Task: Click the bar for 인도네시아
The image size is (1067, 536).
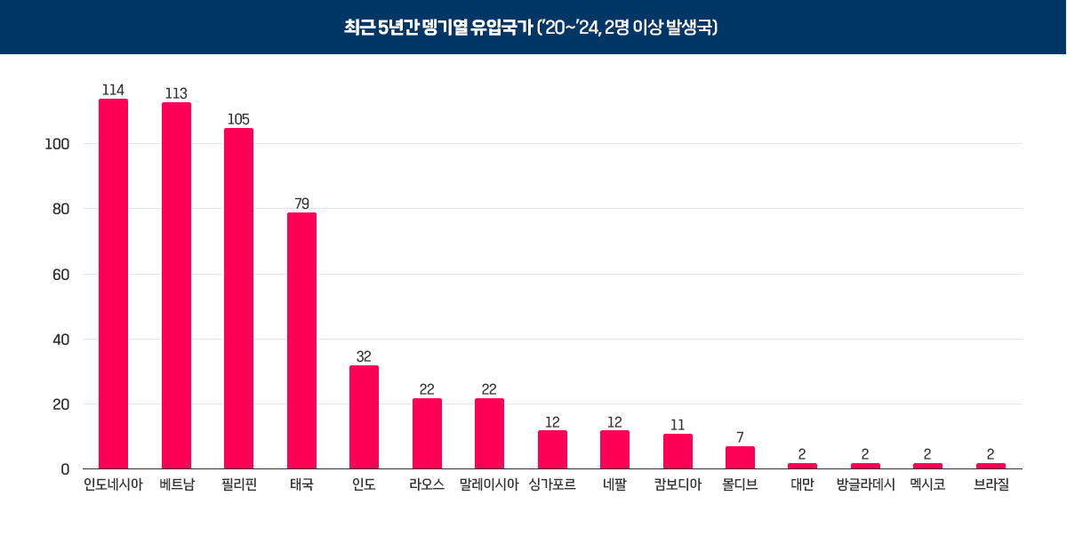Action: pyautogui.click(x=113, y=284)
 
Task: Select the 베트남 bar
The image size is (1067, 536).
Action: pyautogui.click(x=176, y=286)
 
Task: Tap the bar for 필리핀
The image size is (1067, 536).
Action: pyautogui.click(x=238, y=299)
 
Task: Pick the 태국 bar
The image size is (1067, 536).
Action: pyautogui.click(x=301, y=341)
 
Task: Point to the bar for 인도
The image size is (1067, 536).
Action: pyautogui.click(x=364, y=418)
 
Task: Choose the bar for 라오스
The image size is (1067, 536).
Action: pyautogui.click(x=427, y=434)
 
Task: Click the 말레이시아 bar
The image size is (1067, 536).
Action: pyautogui.click(x=489, y=434)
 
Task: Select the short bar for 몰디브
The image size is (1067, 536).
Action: pyautogui.click(x=740, y=458)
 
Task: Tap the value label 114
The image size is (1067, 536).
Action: pyautogui.click(x=113, y=90)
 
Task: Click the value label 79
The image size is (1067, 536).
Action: pyautogui.click(x=301, y=204)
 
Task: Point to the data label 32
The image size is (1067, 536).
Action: pyautogui.click(x=364, y=356)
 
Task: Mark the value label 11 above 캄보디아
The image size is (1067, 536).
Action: pyautogui.click(x=678, y=425)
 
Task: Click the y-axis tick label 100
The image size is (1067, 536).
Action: pyautogui.click(x=58, y=144)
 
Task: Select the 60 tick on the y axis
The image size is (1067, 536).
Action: pyautogui.click(x=61, y=275)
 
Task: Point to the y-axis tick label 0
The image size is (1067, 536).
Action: pyautogui.click(x=65, y=469)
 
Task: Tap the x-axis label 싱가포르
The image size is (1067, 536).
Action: pyautogui.click(x=551, y=485)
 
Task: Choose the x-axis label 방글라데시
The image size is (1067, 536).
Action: pyautogui.click(x=865, y=485)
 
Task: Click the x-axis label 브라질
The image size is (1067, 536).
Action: pyautogui.click(x=991, y=485)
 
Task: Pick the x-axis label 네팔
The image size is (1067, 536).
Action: pyautogui.click(x=614, y=485)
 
